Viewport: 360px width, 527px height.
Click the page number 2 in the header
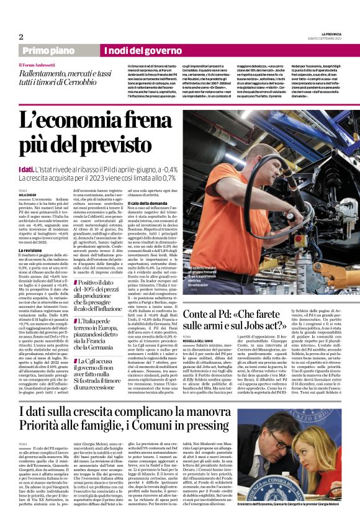(20, 37)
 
